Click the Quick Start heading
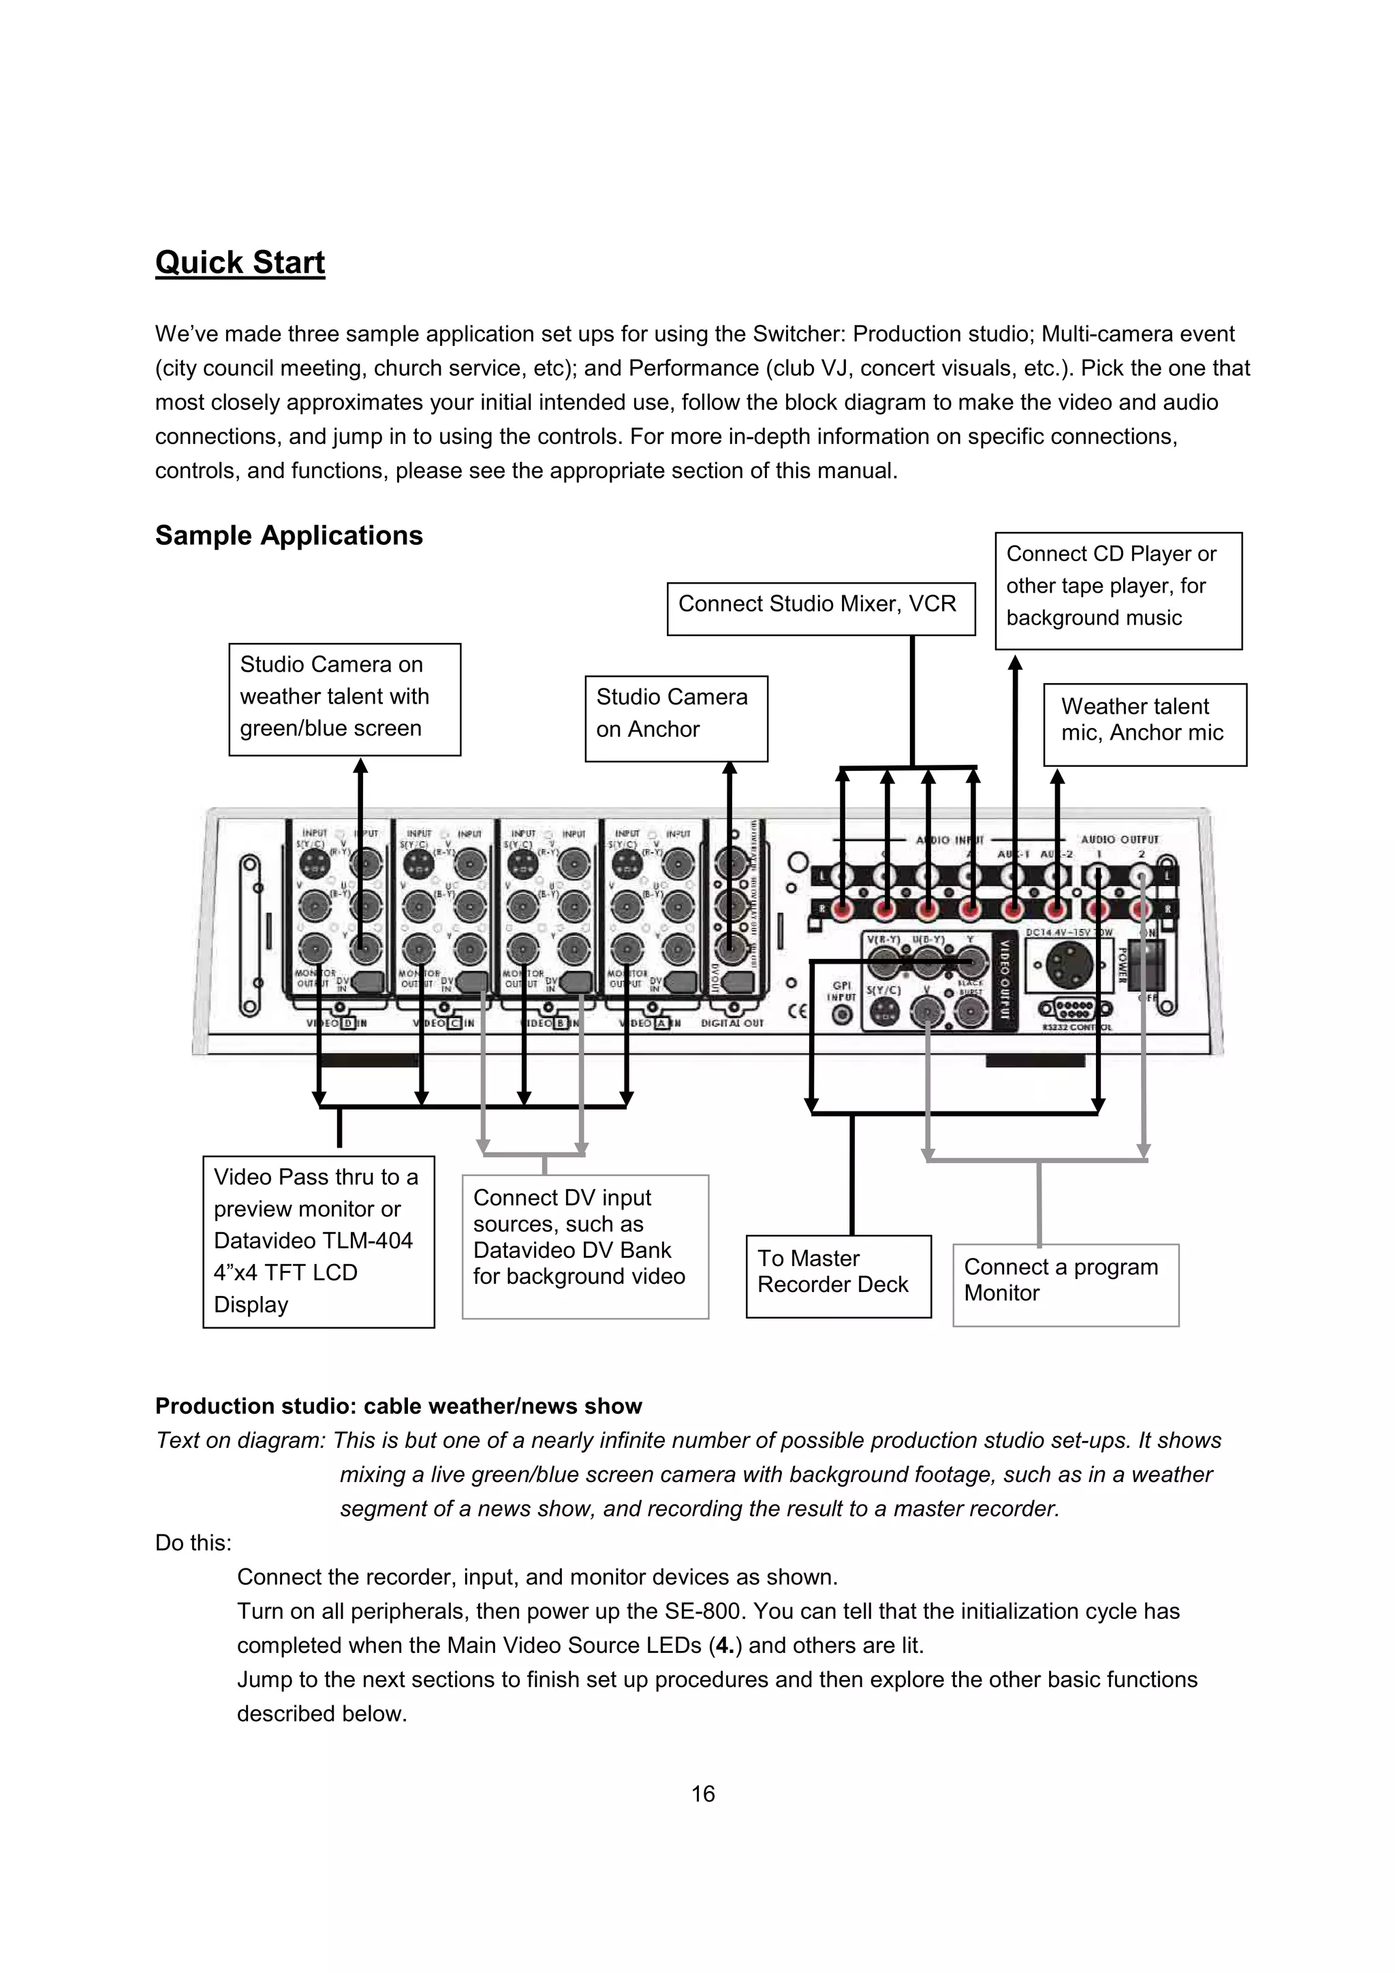tap(240, 262)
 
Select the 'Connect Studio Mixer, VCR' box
tap(820, 607)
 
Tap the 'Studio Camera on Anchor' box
tap(676, 718)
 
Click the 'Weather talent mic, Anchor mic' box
tap(1144, 723)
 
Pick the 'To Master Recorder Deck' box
tap(838, 1275)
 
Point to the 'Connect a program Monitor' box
tap(1065, 1284)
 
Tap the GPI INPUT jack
tap(843, 1015)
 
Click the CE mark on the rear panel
tap(798, 1011)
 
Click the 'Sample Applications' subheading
tap(289, 535)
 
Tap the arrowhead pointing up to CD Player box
tap(1015, 663)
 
